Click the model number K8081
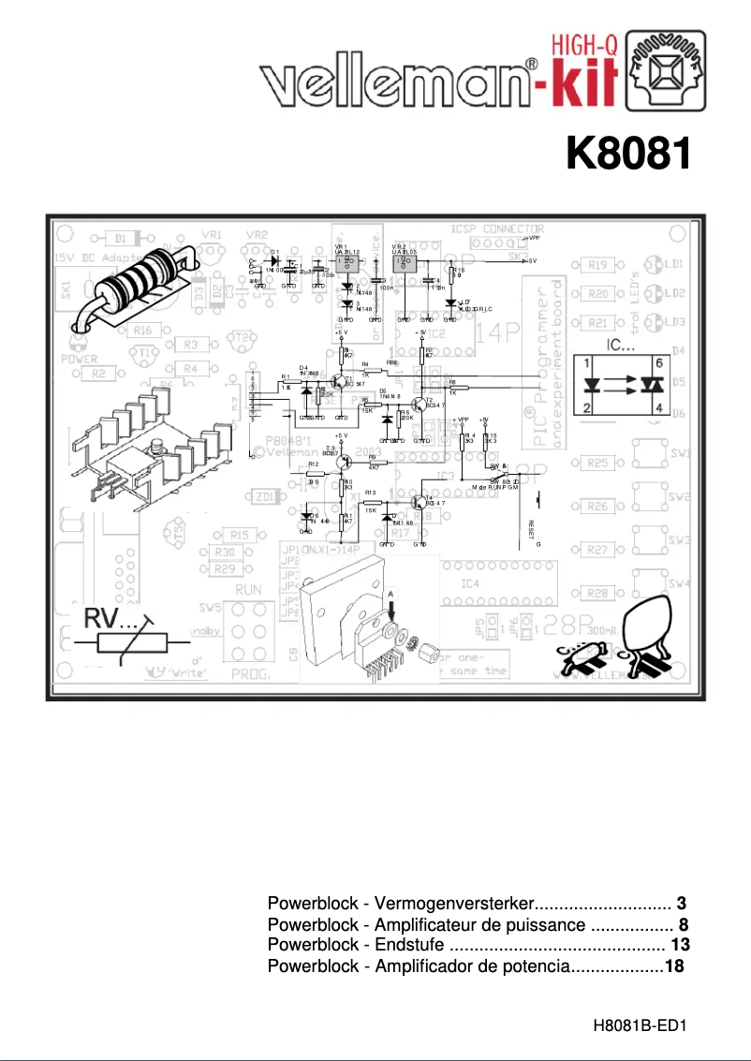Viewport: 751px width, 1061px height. (x=628, y=155)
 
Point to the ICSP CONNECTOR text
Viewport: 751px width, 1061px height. (x=497, y=228)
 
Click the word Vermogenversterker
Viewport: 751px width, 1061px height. (x=454, y=904)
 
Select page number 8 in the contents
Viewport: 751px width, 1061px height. (x=684, y=924)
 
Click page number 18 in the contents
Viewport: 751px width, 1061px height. (x=675, y=965)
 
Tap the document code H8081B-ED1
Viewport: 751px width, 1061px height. (x=641, y=1025)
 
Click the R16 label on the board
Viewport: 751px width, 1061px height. (x=143, y=330)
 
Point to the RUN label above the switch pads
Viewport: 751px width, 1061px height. (x=247, y=590)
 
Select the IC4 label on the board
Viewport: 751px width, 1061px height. (x=471, y=583)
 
